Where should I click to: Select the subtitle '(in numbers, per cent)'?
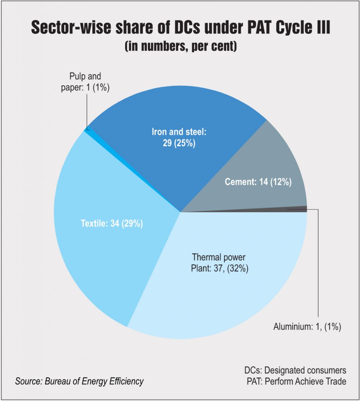[x=180, y=46]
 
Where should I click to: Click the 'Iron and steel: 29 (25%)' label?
[x=179, y=137]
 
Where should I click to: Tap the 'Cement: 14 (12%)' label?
[x=258, y=182]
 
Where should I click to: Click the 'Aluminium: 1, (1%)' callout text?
[x=307, y=327]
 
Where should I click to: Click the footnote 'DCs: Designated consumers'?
[x=295, y=370]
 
